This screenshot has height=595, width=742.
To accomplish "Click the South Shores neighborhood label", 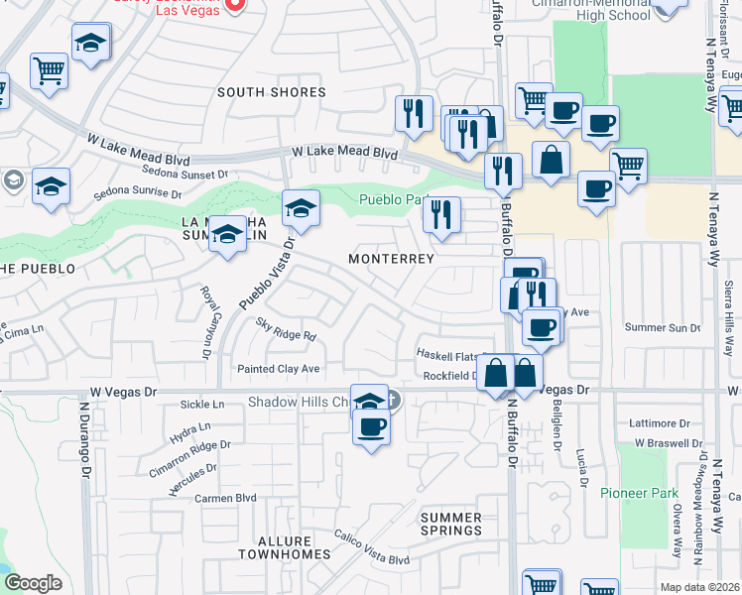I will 271,92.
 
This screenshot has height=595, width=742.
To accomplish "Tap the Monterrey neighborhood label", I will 392,259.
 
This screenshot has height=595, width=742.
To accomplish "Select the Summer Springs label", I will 451,524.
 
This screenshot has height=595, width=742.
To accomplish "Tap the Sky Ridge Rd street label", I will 285,329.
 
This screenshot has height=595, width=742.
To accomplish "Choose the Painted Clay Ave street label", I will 278,369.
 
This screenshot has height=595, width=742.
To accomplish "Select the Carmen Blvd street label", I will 225,498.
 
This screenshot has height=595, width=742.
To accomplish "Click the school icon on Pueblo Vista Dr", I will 301,208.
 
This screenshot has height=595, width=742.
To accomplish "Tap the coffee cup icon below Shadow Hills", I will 371,427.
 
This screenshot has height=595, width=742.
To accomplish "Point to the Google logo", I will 33,583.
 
